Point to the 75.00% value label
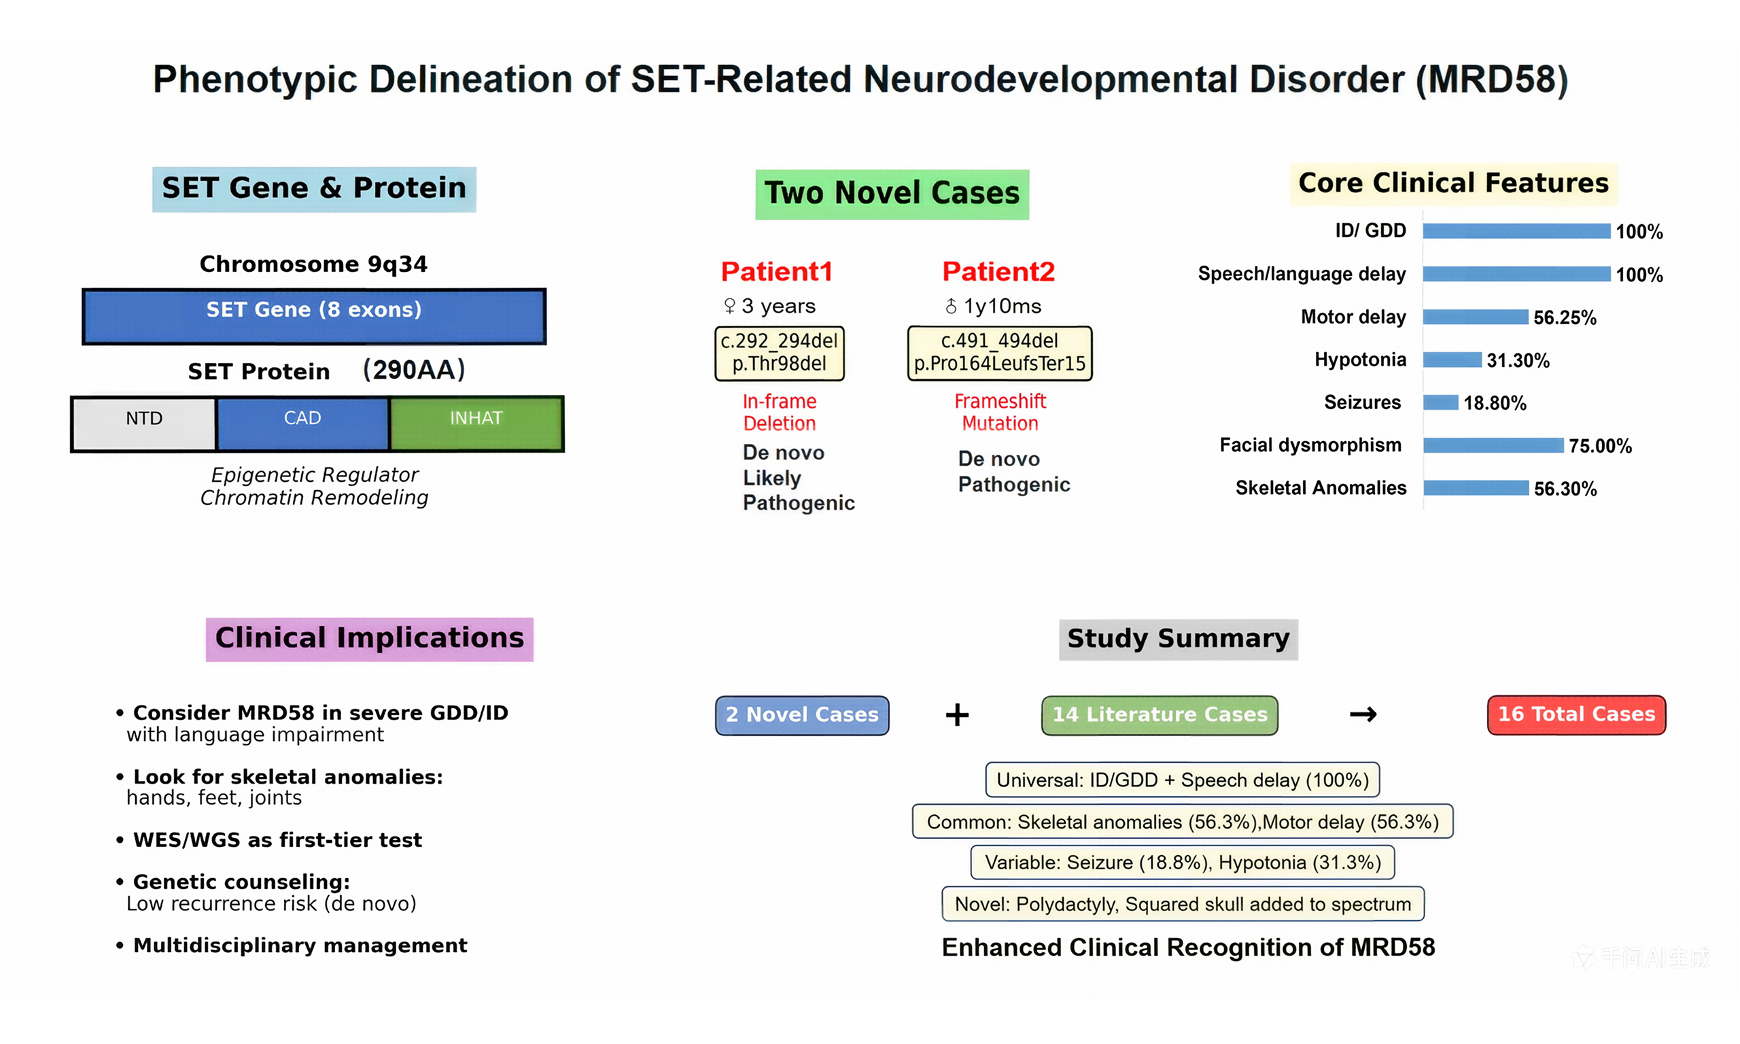click(1599, 445)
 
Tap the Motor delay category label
click(1353, 317)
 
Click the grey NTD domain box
click(144, 423)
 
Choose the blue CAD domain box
click(302, 423)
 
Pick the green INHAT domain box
click(476, 423)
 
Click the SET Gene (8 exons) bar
click(314, 316)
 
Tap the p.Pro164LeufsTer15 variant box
click(998, 353)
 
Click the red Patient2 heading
click(998, 272)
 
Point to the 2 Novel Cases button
click(801, 715)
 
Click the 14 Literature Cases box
click(1159, 715)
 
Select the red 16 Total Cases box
click(1576, 715)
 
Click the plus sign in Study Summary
click(956, 715)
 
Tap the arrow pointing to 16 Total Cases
click(1362, 715)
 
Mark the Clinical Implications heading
click(369, 638)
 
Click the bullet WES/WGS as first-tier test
click(277, 840)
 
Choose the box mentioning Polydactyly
click(1182, 904)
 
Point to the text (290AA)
click(413, 369)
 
